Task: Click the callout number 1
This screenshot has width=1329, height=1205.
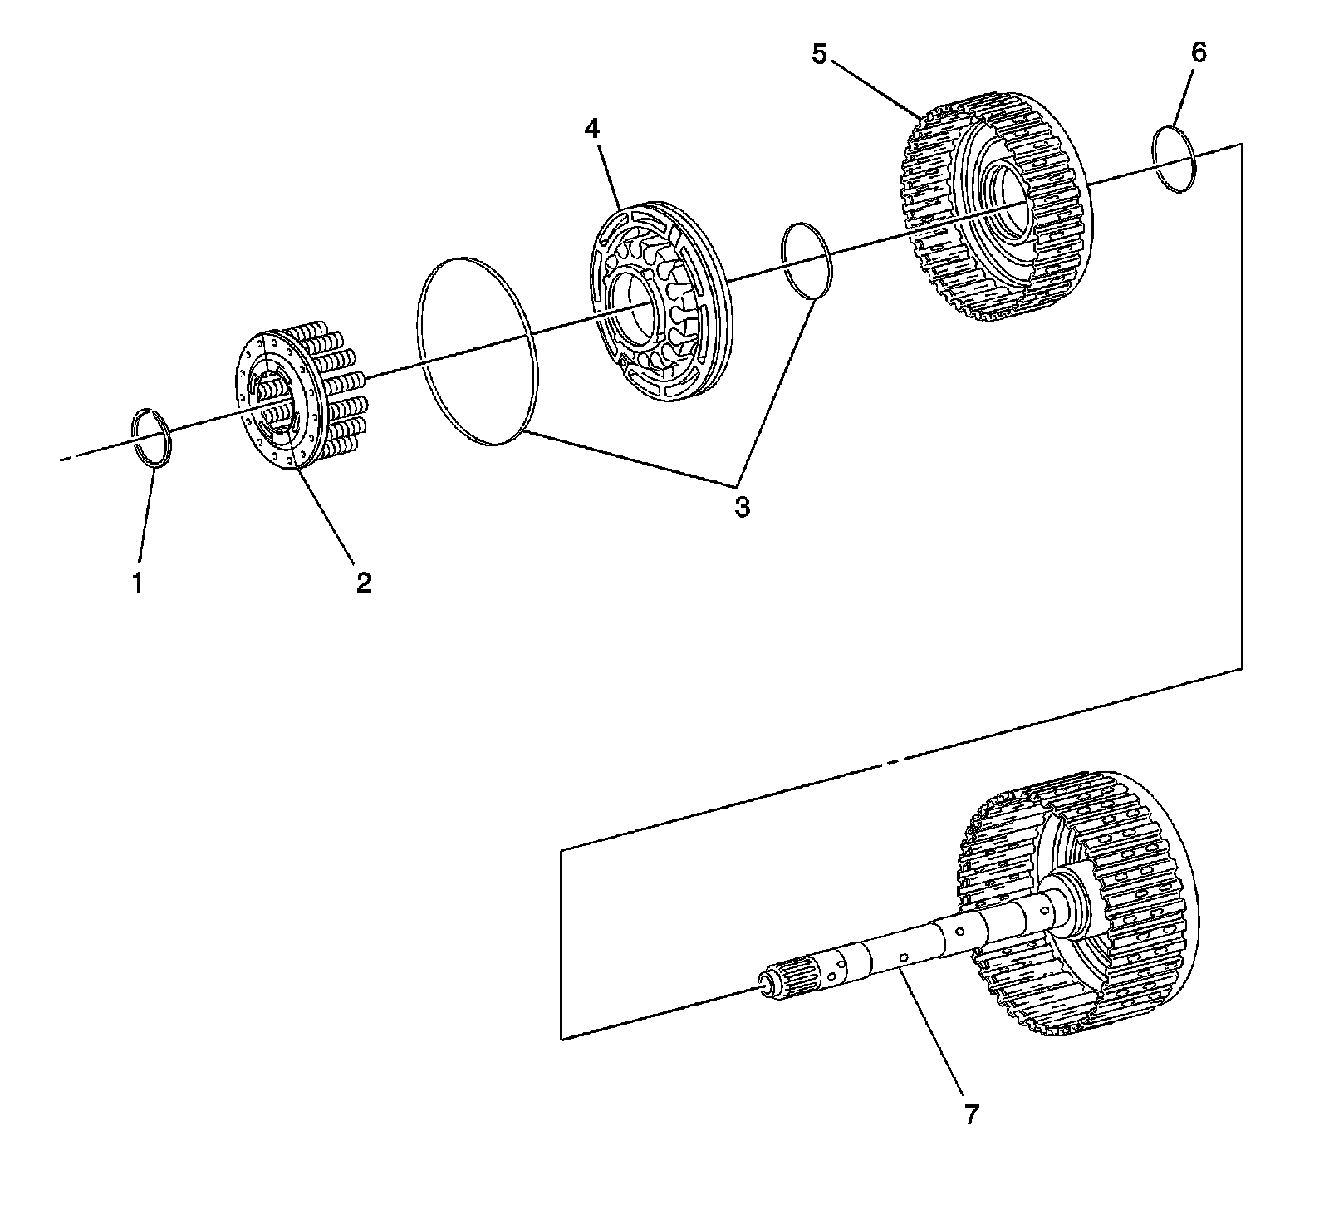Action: (138, 583)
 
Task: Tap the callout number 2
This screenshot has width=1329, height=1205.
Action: (364, 583)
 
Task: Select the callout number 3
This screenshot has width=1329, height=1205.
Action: (742, 506)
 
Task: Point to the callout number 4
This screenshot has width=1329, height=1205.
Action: (591, 128)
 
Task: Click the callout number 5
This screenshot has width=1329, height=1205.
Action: (820, 55)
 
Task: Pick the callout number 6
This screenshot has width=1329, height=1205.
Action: (1198, 53)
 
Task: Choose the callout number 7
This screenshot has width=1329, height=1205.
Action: (971, 1113)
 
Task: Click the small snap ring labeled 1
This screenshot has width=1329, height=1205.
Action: (154, 438)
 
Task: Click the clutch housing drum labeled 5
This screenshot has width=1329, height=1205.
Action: (997, 208)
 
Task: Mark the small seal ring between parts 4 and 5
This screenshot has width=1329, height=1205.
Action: (807, 259)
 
